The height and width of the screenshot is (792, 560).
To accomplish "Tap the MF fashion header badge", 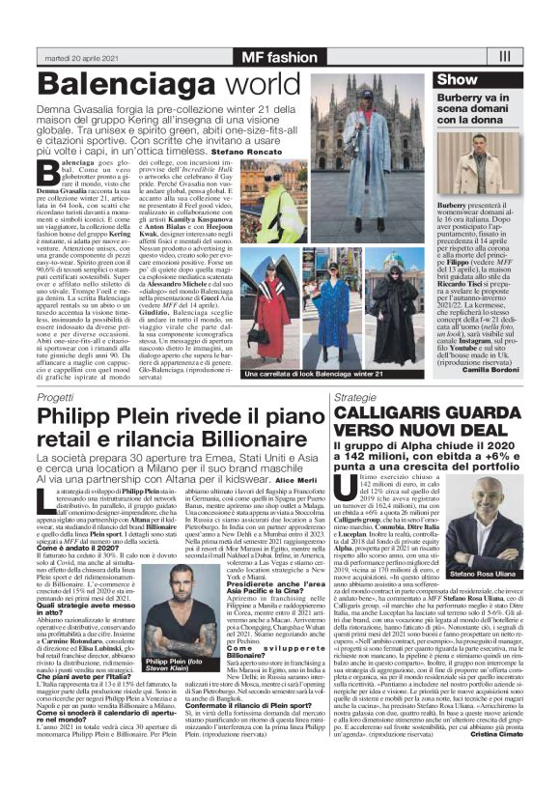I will (x=279, y=57).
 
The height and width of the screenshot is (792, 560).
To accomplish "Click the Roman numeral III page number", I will (x=504, y=57).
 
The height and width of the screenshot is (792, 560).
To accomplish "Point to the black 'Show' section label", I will (x=458, y=79).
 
